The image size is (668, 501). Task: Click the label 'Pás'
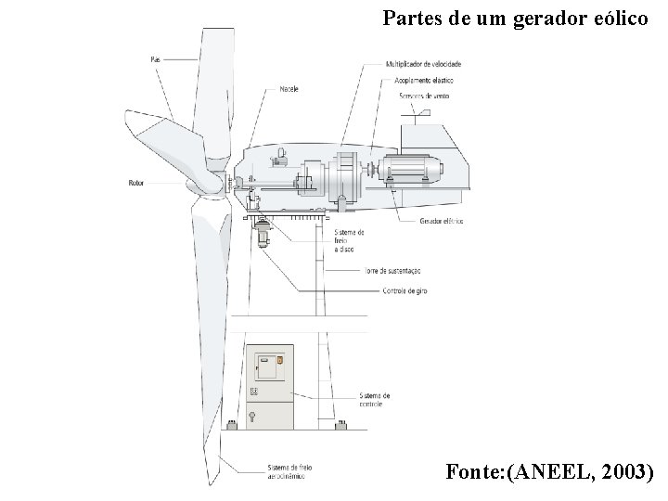coord(155,59)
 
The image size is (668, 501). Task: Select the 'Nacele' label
coord(288,90)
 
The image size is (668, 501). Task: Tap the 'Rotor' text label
coord(135,183)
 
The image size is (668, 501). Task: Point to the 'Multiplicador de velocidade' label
coord(423,64)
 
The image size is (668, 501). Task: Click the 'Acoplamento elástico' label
coord(422,80)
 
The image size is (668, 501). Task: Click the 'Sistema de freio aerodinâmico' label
coord(290,471)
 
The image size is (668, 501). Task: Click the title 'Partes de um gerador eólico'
coord(516,17)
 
